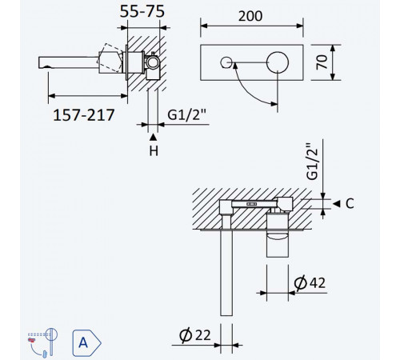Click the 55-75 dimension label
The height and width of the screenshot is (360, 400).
[x=142, y=12]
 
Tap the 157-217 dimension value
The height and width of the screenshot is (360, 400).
[x=84, y=115]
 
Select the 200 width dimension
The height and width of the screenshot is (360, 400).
[x=250, y=16]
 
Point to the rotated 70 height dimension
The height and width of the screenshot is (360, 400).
[x=322, y=62]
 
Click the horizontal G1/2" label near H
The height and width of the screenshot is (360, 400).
[x=186, y=115]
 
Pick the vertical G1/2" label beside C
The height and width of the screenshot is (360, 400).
[x=312, y=161]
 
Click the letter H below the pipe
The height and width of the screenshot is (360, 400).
[x=154, y=151]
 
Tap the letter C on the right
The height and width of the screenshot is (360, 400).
[x=350, y=204]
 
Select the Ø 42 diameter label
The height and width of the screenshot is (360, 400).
[x=310, y=282]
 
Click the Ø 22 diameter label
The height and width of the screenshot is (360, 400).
[x=195, y=335]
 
